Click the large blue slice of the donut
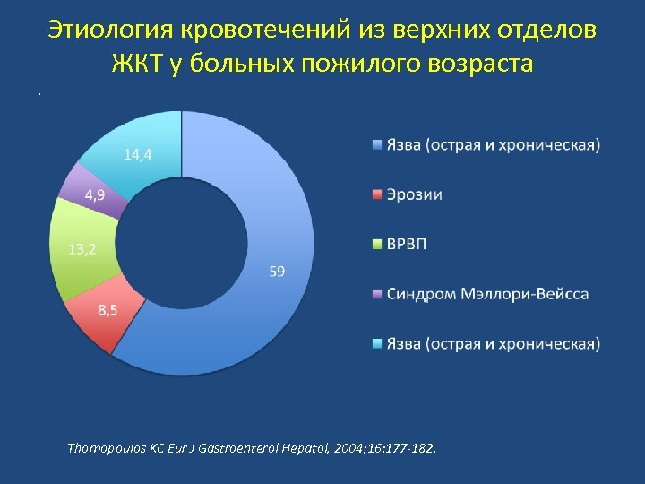click(x=269, y=296)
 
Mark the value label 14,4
click(x=137, y=155)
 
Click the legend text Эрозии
click(x=414, y=194)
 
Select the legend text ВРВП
click(x=408, y=245)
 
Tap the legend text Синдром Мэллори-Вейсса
click(x=487, y=294)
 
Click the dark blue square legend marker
click(x=378, y=145)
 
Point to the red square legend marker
click(x=378, y=194)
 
